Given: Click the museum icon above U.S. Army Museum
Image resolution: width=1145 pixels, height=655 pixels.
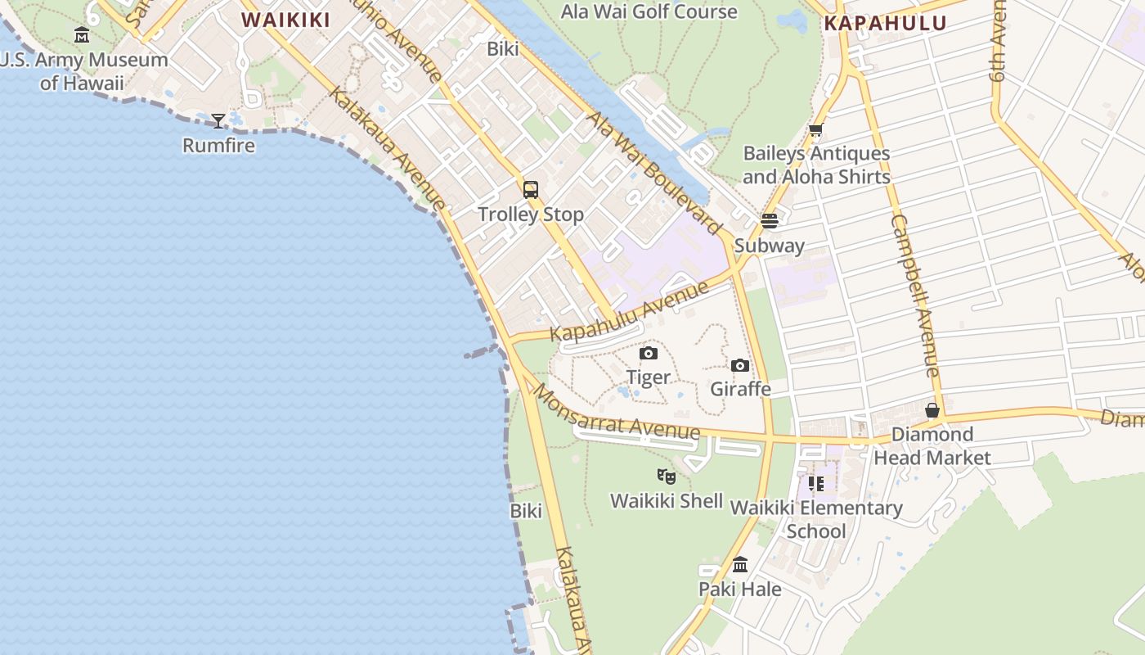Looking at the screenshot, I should (82, 35).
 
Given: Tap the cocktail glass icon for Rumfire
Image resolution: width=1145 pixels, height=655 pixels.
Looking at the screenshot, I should (218, 121).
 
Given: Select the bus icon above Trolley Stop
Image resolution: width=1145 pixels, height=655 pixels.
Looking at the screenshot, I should (531, 190).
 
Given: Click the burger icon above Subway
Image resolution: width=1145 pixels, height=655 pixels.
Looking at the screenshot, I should (769, 220).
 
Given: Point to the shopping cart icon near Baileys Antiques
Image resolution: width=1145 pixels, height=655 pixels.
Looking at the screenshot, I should (815, 130).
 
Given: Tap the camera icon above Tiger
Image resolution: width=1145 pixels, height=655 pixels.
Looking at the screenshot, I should (649, 353).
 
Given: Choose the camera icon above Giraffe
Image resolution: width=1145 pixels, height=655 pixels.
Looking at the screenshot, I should (740, 365).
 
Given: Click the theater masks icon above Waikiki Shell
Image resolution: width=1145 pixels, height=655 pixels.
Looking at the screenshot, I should (667, 476).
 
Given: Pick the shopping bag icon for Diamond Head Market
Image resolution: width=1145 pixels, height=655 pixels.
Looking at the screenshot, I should (932, 410).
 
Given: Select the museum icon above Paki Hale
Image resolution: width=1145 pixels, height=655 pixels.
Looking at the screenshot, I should (740, 565).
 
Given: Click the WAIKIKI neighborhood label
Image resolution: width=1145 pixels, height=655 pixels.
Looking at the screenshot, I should (285, 20).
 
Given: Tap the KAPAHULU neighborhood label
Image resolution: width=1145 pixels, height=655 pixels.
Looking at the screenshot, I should (885, 23).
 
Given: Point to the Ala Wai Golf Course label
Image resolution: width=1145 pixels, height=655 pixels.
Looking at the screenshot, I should (649, 11).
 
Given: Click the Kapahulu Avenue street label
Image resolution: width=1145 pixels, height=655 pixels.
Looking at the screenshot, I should (629, 313).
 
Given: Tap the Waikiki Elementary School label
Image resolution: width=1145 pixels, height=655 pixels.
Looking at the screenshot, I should (816, 519).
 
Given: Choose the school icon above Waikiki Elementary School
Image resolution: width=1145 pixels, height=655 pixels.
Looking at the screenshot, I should (816, 484).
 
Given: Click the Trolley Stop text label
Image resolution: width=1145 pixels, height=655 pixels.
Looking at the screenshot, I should (531, 215).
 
